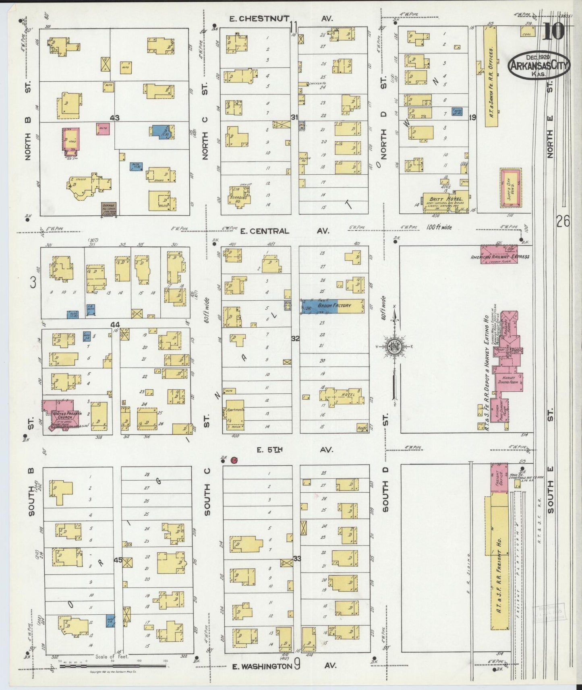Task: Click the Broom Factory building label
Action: pos(334,306)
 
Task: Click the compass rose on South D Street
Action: pos(395,346)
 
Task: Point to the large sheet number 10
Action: pos(553,32)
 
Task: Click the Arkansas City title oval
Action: pos(539,66)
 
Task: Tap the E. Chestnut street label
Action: pos(259,19)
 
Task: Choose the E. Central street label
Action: pos(265,231)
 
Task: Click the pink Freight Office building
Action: pos(499,477)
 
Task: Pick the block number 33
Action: pos(297,558)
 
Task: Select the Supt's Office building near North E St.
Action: pos(510,188)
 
